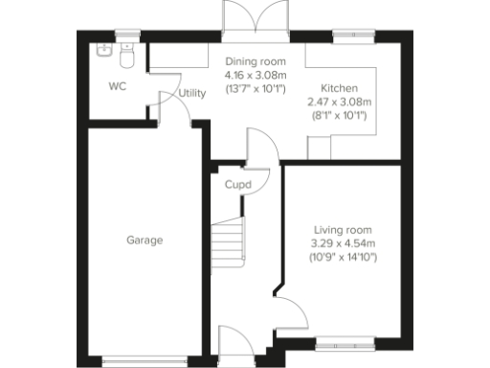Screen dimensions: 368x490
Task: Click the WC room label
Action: click(117, 86)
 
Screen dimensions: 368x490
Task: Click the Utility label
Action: click(191, 93)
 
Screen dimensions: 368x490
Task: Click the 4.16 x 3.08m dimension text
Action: click(249, 74)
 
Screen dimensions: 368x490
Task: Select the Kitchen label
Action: click(339, 86)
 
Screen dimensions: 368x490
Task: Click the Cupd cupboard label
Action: click(237, 184)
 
